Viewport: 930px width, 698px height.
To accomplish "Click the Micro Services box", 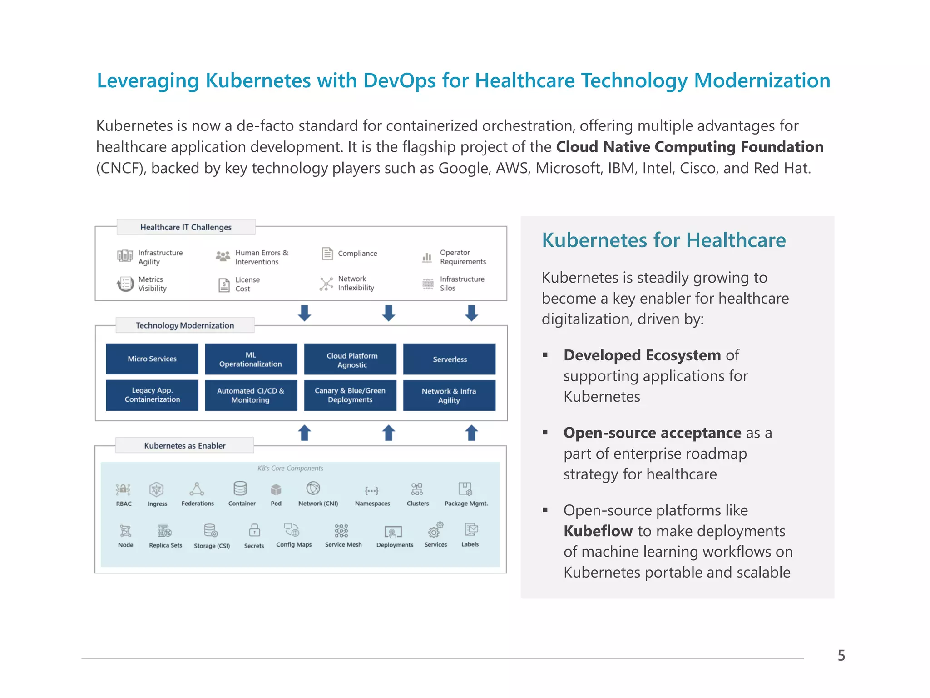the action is [x=152, y=359].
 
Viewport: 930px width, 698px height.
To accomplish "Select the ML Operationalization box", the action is [x=251, y=359].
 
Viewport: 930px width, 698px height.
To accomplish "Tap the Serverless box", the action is [x=449, y=359].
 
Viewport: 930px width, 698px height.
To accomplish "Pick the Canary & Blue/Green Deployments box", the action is [x=350, y=395].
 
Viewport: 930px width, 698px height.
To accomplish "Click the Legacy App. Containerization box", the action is [x=152, y=395].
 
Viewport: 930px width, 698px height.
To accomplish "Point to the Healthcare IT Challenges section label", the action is [x=186, y=227].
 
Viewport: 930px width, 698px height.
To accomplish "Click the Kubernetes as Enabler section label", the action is [x=185, y=445].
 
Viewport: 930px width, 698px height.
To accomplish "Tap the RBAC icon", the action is [x=123, y=489].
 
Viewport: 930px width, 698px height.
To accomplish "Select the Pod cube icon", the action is [x=276, y=489].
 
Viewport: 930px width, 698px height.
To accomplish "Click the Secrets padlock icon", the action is [x=254, y=530].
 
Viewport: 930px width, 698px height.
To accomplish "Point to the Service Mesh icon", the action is [x=341, y=530].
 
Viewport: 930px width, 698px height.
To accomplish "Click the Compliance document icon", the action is [x=327, y=253].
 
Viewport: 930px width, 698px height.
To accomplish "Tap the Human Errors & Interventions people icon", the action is [x=223, y=256].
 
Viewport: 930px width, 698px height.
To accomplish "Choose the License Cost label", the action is [x=247, y=284].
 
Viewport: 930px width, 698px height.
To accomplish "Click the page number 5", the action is [x=841, y=655].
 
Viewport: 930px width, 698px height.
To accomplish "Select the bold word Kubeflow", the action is [x=598, y=531].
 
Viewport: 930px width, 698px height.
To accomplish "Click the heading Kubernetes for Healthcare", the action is [x=663, y=240].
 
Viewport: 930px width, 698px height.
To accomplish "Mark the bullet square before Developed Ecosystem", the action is [x=545, y=355].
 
